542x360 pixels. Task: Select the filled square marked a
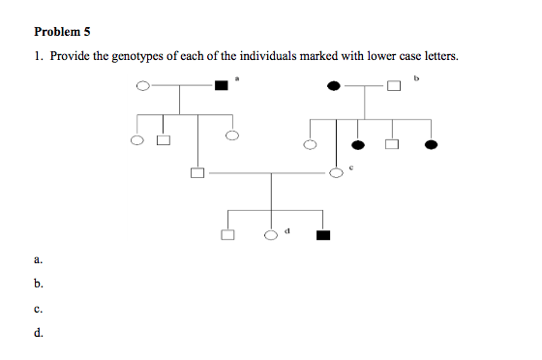coord(222,86)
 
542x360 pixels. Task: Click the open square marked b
coord(395,86)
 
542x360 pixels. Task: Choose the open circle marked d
coord(272,234)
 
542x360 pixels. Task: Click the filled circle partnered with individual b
coord(334,86)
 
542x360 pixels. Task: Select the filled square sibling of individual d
coord(322,234)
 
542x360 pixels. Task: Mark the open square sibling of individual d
coord(227,234)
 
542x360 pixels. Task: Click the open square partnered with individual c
coord(197,173)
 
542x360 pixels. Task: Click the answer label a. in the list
coord(38,259)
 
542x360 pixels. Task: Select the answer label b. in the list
coord(38,285)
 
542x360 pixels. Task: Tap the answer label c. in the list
coord(38,311)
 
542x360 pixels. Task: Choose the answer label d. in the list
coord(38,336)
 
